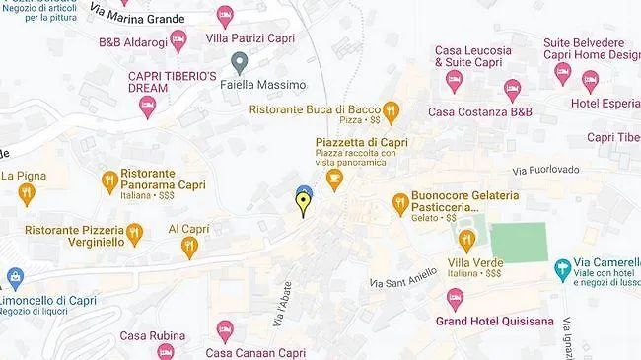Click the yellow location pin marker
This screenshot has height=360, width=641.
303,203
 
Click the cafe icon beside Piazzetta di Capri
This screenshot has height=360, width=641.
334,180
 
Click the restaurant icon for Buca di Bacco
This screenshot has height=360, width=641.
391,110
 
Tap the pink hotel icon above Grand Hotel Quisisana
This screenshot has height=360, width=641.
455,297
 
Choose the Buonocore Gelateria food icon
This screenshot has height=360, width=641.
399,203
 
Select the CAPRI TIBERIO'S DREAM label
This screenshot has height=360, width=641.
174,82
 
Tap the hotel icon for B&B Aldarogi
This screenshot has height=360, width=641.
178,40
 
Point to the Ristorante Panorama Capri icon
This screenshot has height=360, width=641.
110,180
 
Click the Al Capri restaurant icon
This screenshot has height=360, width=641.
189,247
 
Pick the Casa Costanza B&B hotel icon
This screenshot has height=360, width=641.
512,90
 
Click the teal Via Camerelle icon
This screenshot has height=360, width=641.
563,267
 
